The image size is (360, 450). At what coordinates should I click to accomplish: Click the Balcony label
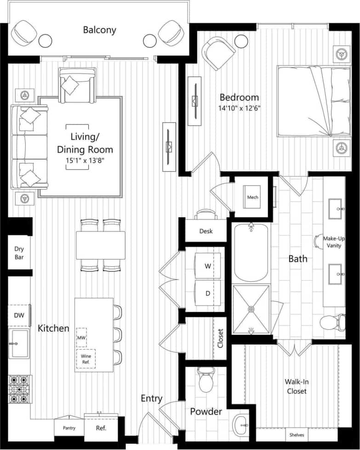(99, 30)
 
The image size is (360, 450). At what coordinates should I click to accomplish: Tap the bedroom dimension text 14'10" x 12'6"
(239, 109)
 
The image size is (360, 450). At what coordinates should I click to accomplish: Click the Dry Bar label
(19, 253)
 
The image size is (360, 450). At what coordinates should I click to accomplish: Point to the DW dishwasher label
(19, 315)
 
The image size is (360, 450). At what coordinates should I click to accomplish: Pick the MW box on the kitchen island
(81, 338)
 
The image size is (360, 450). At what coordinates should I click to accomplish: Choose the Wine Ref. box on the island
(86, 359)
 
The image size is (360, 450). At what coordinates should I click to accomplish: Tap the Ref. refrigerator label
(101, 428)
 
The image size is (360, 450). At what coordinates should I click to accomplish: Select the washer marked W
(207, 266)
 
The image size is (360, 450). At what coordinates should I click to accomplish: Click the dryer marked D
(207, 293)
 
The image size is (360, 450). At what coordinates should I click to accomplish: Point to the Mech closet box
(252, 197)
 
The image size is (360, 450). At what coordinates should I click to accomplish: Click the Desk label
(206, 231)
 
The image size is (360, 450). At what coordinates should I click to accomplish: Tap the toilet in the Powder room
(205, 380)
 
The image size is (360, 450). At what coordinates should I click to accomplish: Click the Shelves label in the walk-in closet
(296, 434)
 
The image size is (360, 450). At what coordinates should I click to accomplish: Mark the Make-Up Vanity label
(334, 242)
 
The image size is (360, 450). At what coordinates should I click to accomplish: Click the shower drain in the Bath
(251, 309)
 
